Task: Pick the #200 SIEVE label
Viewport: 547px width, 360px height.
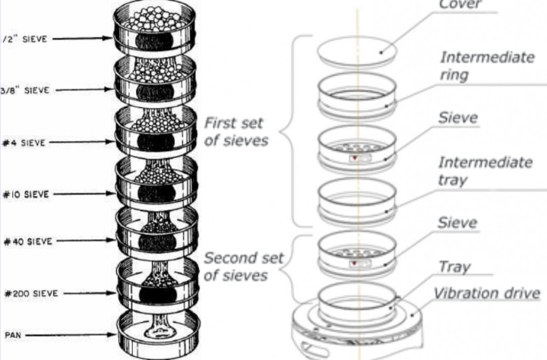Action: point(29,294)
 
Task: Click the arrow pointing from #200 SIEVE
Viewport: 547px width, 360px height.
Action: point(84,294)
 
